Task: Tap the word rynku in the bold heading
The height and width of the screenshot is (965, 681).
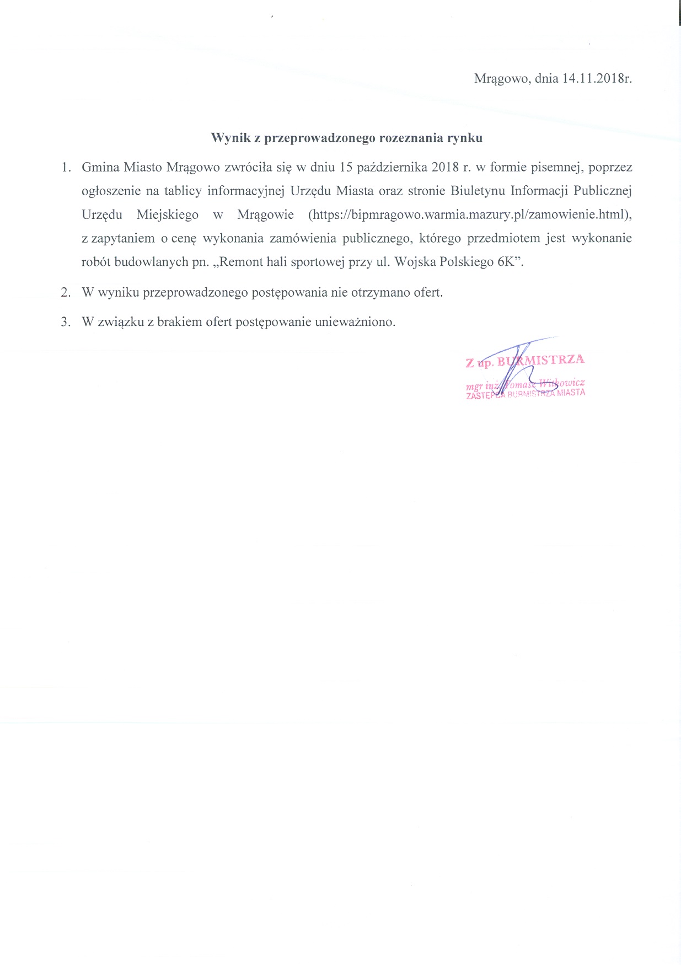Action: (x=466, y=138)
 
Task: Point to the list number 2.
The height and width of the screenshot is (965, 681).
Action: (x=66, y=292)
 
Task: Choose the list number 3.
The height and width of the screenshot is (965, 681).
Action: (x=66, y=322)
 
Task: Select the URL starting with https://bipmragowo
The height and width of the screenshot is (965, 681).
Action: (x=469, y=214)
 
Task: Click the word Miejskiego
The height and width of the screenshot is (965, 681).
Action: (x=167, y=214)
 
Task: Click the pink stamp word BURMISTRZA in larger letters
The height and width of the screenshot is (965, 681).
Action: (x=540, y=361)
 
